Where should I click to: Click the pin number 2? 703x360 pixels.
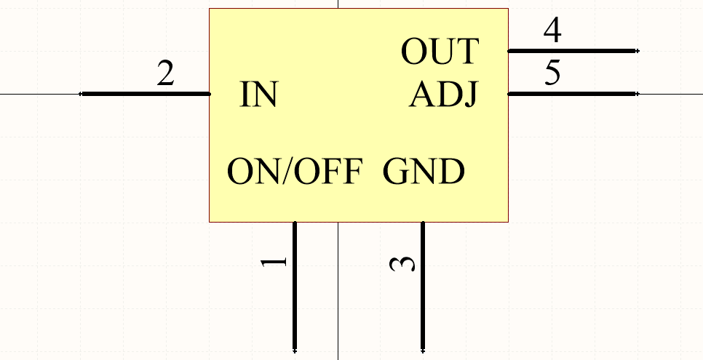pos(166,74)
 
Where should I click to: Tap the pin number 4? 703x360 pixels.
pos(552,31)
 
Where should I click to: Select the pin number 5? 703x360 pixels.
pos(552,74)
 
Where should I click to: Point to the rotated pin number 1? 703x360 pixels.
pos(274,262)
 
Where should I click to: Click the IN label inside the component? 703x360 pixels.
pos(258,95)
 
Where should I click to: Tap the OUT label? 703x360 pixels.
pos(440,52)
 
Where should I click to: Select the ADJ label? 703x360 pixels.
pos(443,95)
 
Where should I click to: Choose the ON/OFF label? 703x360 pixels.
pos(295,172)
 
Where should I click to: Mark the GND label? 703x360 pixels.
pos(424,172)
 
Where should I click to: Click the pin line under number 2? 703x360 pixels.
pos(146,94)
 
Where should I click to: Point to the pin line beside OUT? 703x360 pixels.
pos(572,51)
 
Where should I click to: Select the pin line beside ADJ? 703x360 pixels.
pos(572,94)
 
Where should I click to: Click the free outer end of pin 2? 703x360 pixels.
pos(82,94)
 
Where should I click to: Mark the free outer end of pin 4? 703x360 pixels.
pos(637,51)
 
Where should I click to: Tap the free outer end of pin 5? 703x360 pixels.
pos(637,94)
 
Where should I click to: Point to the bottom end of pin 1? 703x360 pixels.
pos(295,349)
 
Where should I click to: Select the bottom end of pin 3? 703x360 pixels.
pos(423,349)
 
